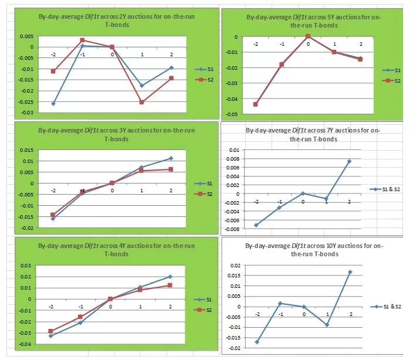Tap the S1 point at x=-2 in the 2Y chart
pos(53,104)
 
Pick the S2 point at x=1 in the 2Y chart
pos(141,102)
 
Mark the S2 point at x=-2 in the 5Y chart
pos(255,104)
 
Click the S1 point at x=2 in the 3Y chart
pos(171,158)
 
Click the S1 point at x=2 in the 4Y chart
pos(171,277)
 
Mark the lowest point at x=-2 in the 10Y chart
pos(257,342)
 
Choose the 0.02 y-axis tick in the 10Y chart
pos(235,266)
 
